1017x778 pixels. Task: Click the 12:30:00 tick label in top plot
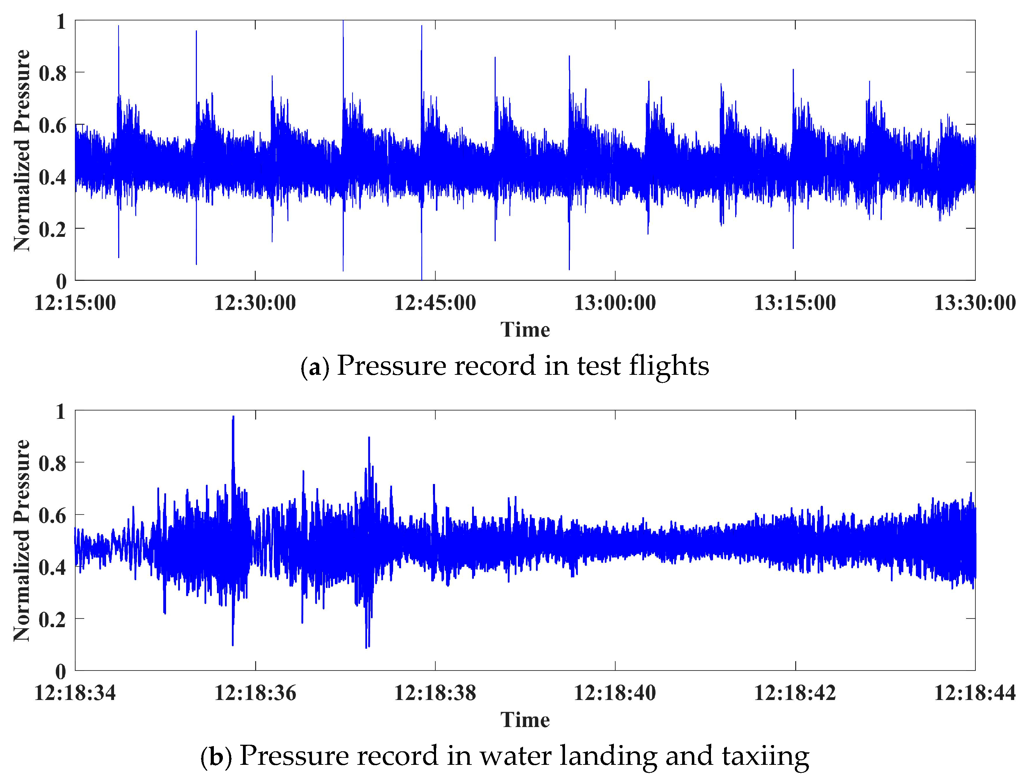pos(255,303)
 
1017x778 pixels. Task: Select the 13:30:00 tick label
pos(974,303)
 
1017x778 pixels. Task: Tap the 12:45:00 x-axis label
pos(435,303)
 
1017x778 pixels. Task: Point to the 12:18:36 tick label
pos(255,693)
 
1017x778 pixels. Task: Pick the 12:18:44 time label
pos(974,693)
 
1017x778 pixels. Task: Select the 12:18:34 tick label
pos(75,693)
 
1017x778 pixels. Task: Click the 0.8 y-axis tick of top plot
pos(53,73)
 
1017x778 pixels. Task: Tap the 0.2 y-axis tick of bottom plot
pos(53,620)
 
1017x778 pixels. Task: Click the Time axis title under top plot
pos(525,330)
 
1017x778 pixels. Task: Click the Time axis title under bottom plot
pos(525,720)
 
